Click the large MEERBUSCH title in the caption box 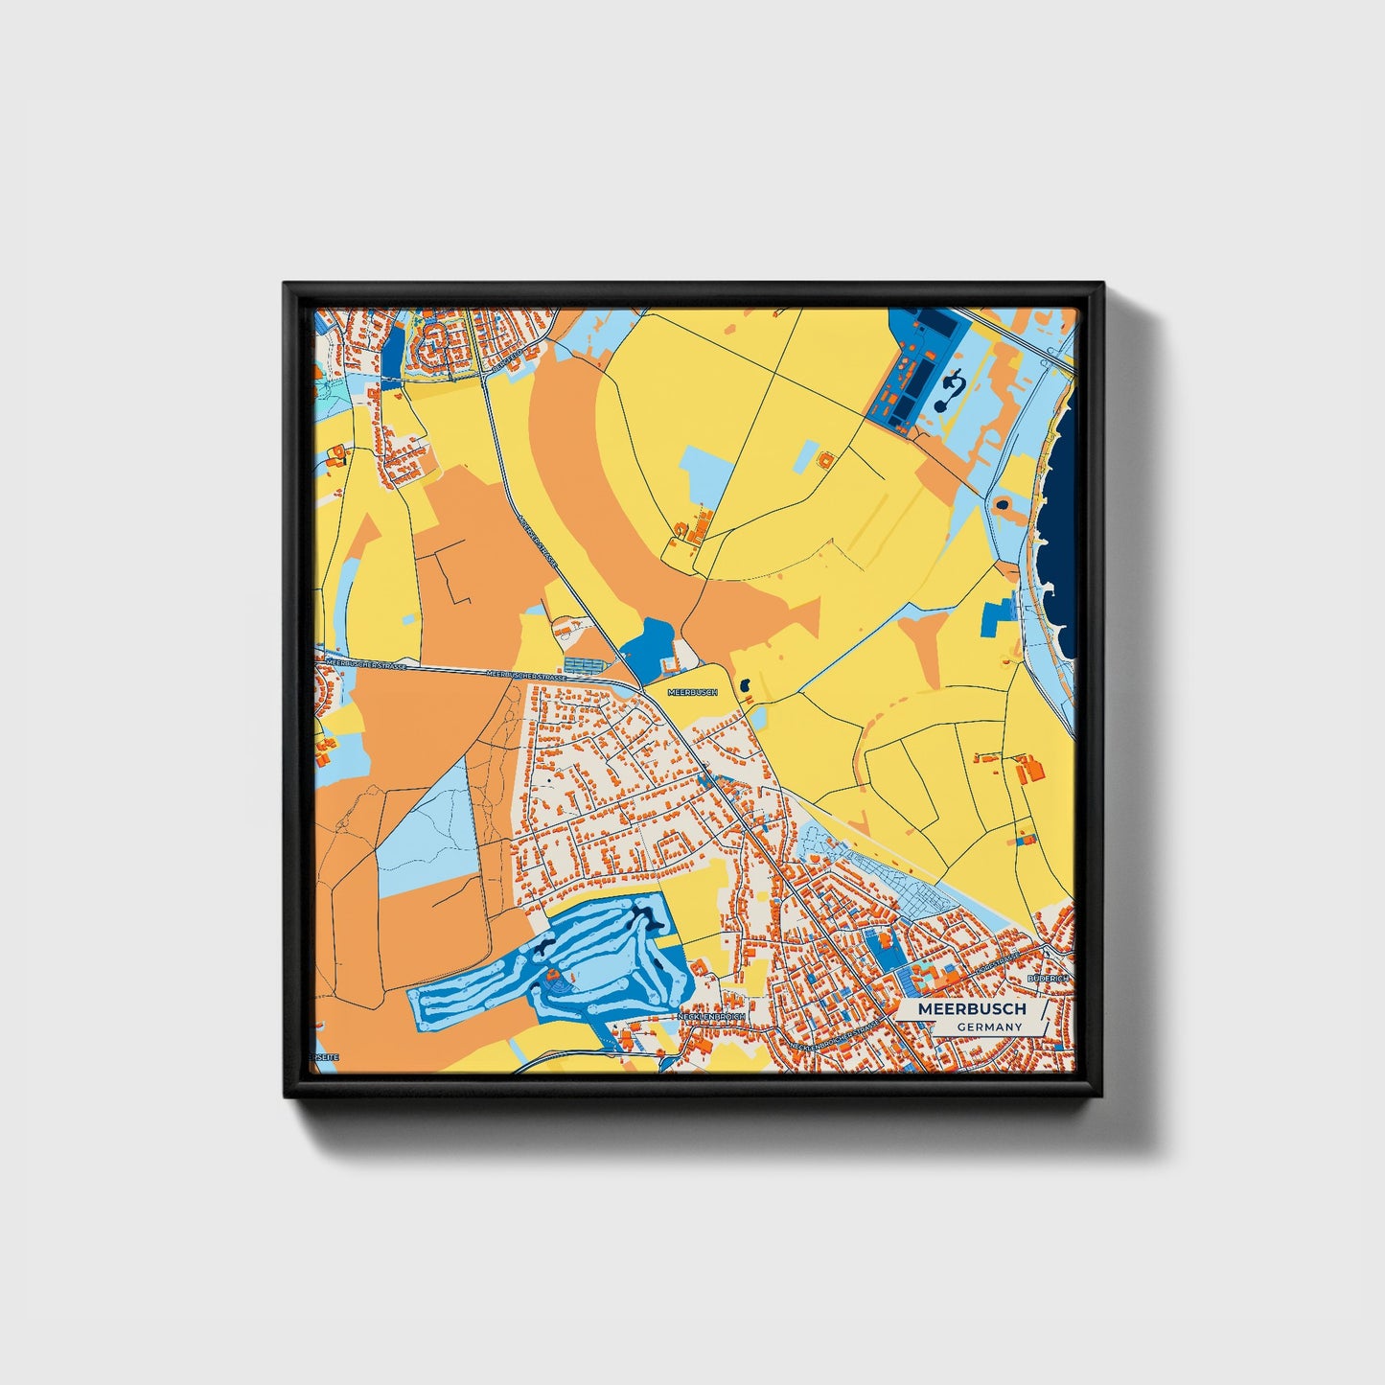(x=971, y=1009)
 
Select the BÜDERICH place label (x=1047, y=979)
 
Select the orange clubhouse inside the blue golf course (x=553, y=978)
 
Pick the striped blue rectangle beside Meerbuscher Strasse (x=585, y=664)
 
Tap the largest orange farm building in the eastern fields (x=1030, y=769)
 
